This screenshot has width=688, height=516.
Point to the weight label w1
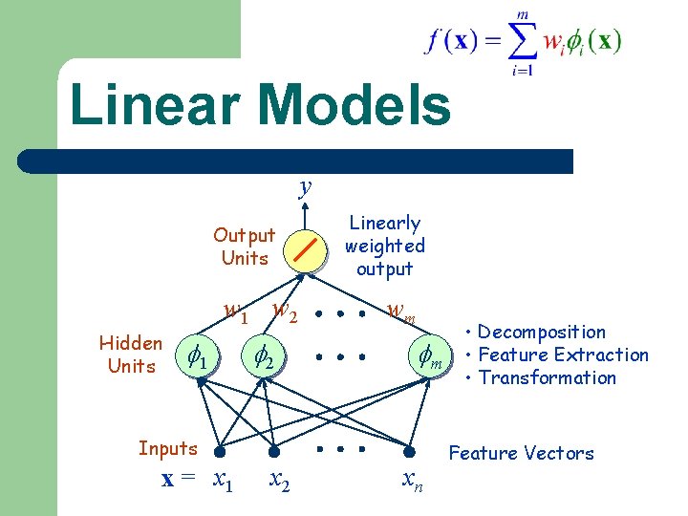(234, 311)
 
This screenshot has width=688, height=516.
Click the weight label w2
(285, 310)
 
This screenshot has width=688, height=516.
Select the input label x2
(279, 480)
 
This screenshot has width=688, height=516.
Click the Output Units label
(244, 247)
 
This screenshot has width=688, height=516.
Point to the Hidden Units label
(131, 355)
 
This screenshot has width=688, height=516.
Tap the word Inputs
(167, 448)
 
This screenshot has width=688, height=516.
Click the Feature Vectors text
(521, 453)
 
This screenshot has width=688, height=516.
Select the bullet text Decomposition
(541, 332)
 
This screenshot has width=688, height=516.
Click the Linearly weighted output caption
(384, 246)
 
